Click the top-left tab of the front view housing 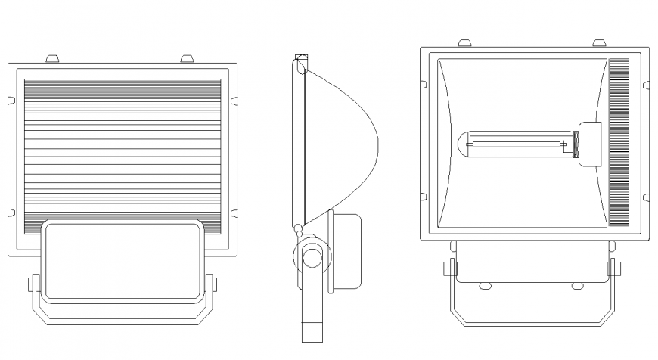pyautogui.click(x=465, y=42)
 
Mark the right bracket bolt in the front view pyautogui.click(x=614, y=268)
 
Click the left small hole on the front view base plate pyautogui.click(x=484, y=285)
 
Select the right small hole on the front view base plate pyautogui.click(x=577, y=285)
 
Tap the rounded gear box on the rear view pyautogui.click(x=123, y=260)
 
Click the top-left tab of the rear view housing pyautogui.click(x=52, y=58)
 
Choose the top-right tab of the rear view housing pyautogui.click(x=187, y=58)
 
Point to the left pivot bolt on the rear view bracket pyautogui.click(x=33, y=284)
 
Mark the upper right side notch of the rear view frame pyautogui.click(x=234, y=100)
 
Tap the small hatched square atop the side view pyautogui.click(x=301, y=57)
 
